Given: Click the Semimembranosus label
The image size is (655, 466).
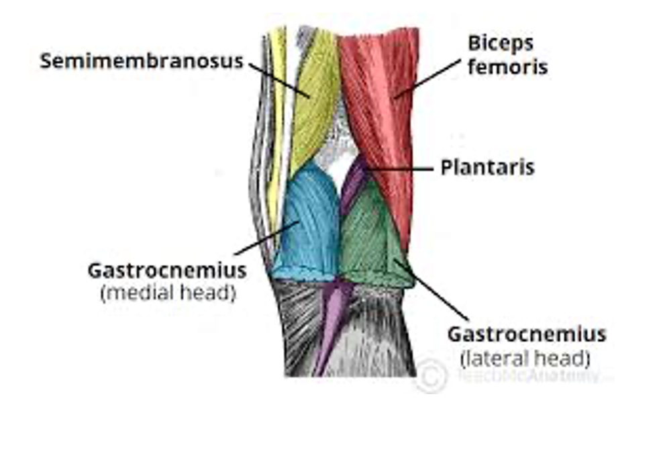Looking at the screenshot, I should (x=141, y=61).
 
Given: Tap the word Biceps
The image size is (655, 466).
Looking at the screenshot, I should (x=501, y=44).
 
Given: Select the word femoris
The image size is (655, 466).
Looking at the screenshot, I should (x=507, y=67).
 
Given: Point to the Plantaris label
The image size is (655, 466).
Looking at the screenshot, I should (x=487, y=167).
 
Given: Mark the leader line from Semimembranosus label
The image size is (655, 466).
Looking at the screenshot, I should (x=278, y=79).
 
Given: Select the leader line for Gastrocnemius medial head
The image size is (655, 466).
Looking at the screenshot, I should (x=265, y=239).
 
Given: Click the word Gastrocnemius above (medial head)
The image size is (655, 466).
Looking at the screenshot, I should (x=167, y=272).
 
